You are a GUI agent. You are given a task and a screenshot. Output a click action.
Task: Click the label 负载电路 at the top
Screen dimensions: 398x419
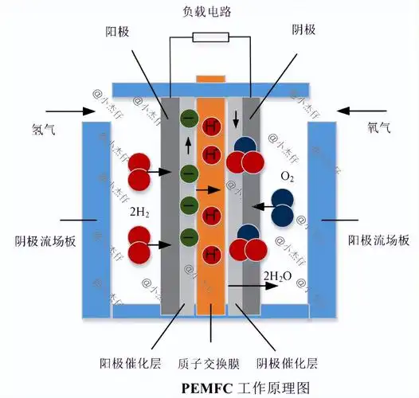point(209,11)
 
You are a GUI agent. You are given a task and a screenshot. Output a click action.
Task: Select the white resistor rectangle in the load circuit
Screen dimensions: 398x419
point(210,37)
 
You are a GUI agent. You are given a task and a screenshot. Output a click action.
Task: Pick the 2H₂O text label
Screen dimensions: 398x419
point(279,276)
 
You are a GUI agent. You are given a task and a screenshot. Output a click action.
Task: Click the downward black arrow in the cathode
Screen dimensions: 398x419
point(235,120)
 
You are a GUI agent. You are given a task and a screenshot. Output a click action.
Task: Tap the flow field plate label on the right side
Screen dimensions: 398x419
point(379,240)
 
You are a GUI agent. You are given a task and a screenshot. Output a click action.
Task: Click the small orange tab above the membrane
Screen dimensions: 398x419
point(210,77)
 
